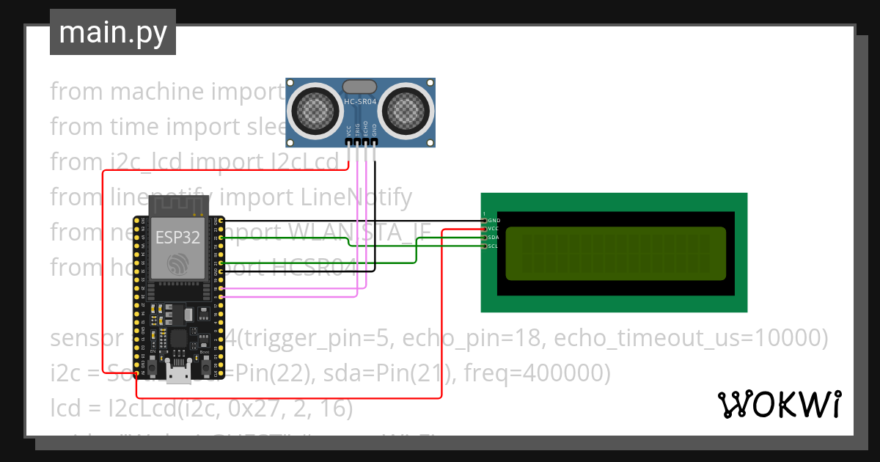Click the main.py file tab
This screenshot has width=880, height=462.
pos(112,32)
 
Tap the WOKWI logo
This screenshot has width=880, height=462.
pos(779,404)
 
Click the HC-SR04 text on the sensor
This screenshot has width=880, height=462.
pos(360,102)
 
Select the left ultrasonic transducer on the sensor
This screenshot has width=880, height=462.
pos(316,109)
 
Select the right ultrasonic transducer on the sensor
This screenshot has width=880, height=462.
pos(405,109)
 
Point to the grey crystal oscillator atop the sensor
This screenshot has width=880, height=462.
pos(360,87)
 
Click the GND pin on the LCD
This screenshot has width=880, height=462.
pos(484,220)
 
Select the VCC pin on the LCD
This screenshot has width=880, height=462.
pos(484,229)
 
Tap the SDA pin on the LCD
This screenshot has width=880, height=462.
pos(484,238)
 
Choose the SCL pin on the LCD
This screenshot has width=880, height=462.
pos(484,246)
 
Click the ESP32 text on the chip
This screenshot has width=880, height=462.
pos(177,238)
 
